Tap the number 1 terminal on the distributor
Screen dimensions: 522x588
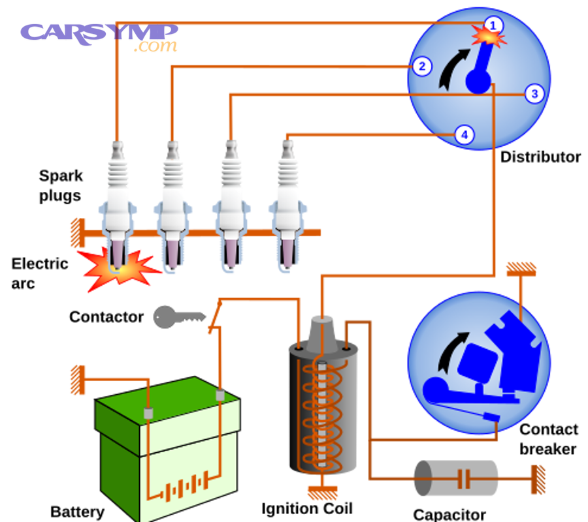coord(494,25)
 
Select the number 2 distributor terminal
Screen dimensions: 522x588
coord(422,66)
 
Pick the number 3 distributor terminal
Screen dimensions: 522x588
coord(534,94)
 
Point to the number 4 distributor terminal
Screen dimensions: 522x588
coord(464,135)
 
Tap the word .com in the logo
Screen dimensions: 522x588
coord(155,46)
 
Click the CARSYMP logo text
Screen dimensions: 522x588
coord(98,31)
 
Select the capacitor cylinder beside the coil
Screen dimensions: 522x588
coord(456,479)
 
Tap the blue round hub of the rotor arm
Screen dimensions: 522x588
coord(478,82)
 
